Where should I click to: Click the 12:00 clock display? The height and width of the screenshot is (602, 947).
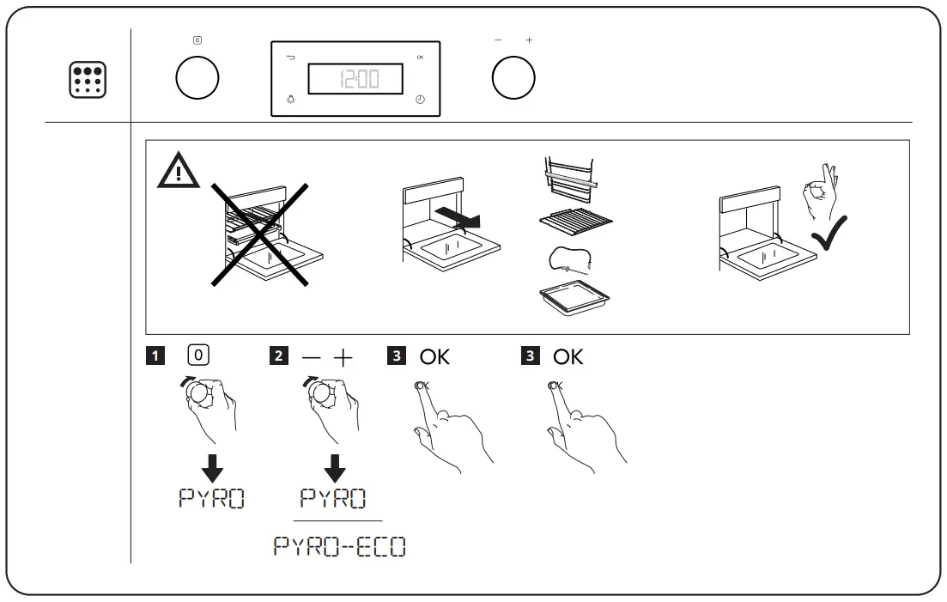tap(356, 80)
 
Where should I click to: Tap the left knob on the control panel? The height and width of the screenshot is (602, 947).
tap(197, 78)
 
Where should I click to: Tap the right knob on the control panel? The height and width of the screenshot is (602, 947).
tap(513, 78)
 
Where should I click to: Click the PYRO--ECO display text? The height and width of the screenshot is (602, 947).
tap(339, 546)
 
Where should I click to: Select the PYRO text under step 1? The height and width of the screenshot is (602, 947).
tap(210, 498)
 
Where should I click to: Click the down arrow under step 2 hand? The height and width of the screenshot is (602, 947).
tap(335, 467)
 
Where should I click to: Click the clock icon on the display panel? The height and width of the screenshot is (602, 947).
tap(420, 100)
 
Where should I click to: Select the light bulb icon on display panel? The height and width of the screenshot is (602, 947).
tap(290, 100)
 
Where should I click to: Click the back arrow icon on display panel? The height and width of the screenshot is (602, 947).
tap(290, 58)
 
